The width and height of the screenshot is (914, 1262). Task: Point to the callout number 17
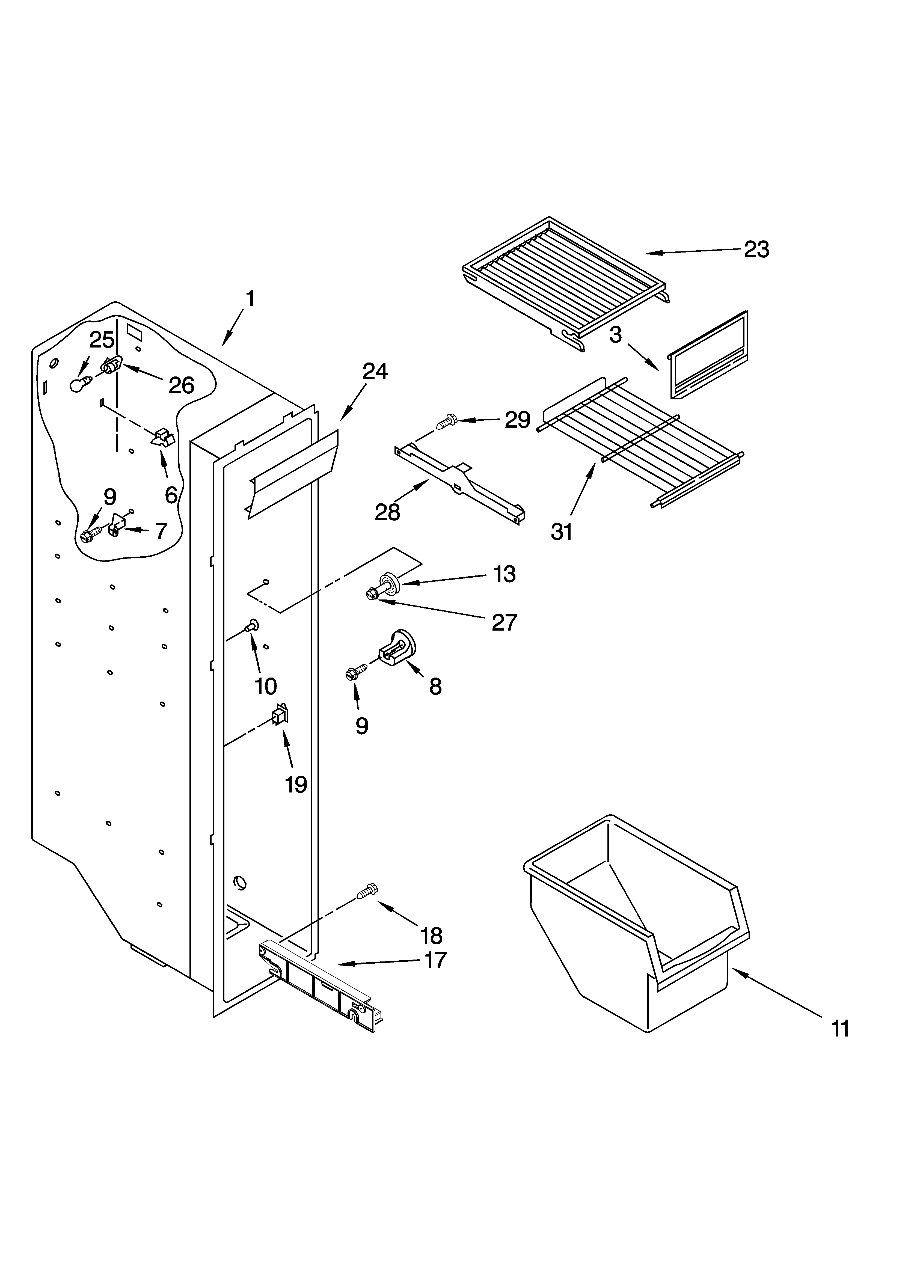[435, 960]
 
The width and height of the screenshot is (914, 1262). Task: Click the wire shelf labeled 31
[640, 440]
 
